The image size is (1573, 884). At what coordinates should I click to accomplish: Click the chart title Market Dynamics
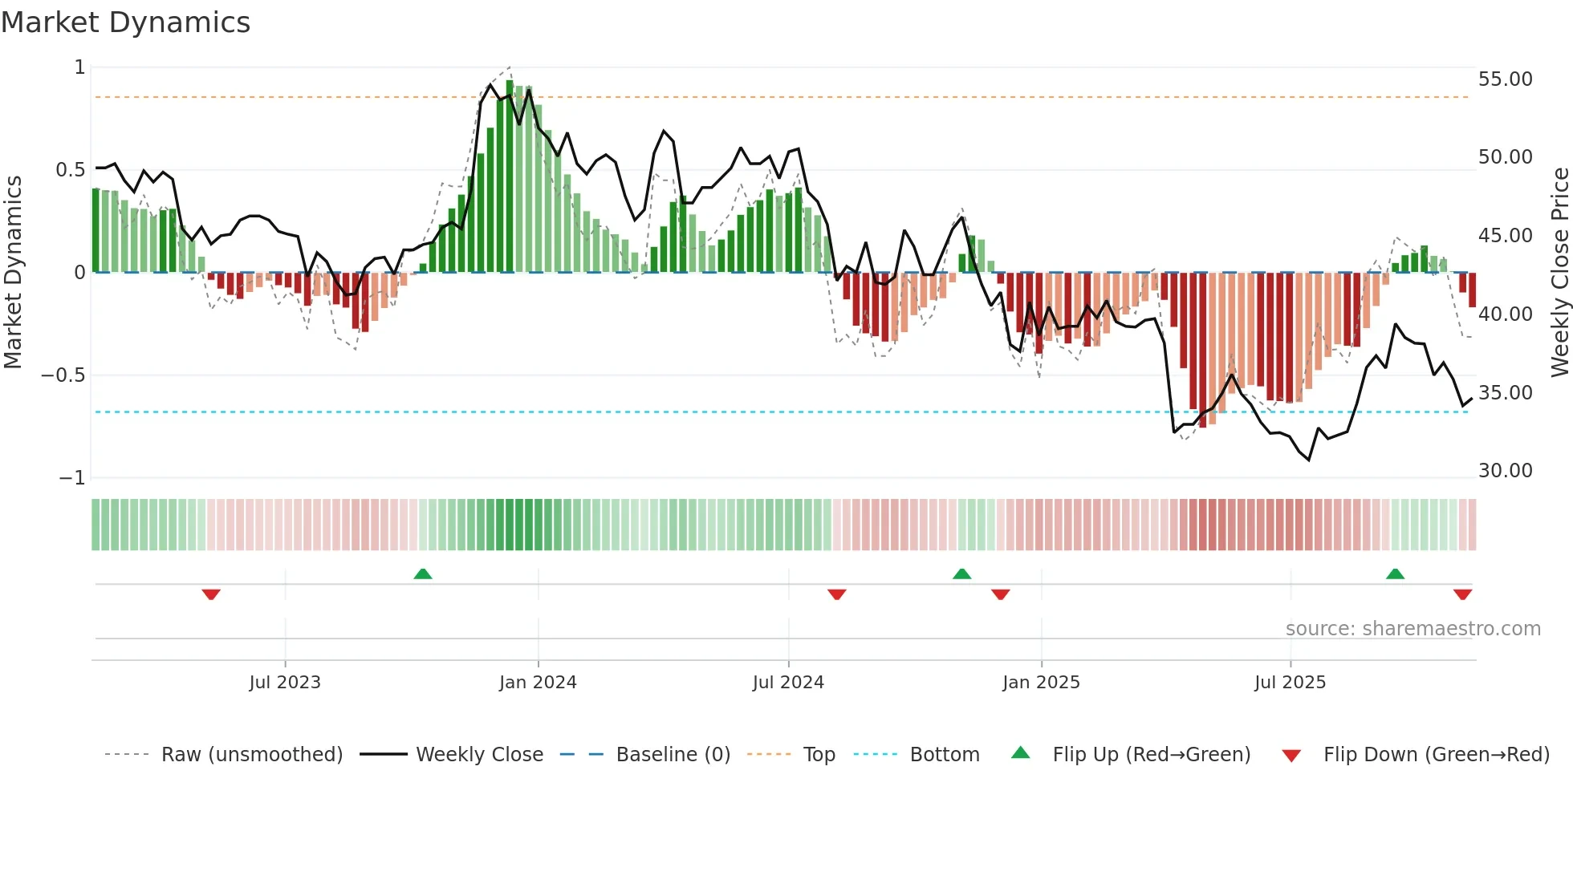[x=125, y=22]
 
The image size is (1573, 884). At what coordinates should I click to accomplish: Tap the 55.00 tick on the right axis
[x=1505, y=79]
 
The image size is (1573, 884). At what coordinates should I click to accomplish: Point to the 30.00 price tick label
[x=1505, y=471]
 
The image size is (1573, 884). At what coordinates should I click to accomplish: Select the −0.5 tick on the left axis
[x=63, y=375]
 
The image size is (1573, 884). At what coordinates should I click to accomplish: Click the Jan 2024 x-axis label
[x=538, y=683]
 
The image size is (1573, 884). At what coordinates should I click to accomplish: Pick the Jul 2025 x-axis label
[x=1290, y=683]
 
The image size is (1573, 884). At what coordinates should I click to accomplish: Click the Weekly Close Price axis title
[x=1559, y=273]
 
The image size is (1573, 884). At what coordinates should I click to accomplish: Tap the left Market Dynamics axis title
[x=13, y=273]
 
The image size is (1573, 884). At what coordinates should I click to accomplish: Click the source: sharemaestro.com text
[x=1412, y=629]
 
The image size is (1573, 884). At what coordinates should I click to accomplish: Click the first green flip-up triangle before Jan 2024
[x=423, y=574]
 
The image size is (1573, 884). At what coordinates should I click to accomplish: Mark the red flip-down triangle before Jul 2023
[x=211, y=594]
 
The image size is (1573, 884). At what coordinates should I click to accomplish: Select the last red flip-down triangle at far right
[x=1462, y=594]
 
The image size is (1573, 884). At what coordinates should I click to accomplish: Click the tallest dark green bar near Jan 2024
[x=510, y=176]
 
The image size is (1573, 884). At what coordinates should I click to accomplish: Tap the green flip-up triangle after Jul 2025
[x=1395, y=574]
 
